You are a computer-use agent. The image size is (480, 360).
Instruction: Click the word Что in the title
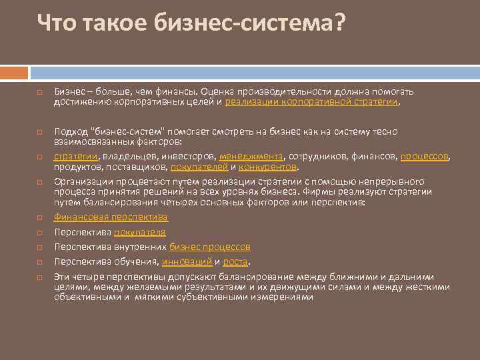pos(56,23)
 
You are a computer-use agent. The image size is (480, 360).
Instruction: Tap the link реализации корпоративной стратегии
pos(312,102)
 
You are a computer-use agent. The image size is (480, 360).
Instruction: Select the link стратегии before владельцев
pos(76,157)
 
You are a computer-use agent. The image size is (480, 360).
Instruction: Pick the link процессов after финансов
pos(425,157)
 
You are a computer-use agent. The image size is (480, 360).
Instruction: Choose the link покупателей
pos(199,166)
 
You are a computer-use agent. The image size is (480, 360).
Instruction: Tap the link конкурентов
pos(266,166)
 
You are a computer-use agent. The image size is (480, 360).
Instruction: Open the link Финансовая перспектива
pos(111,217)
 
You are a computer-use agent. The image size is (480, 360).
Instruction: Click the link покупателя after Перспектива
pos(139,232)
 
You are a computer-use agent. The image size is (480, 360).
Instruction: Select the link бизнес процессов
pos(209,247)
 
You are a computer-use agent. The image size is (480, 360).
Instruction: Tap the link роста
pos(235,262)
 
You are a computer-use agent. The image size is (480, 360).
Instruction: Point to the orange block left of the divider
pos(13,71)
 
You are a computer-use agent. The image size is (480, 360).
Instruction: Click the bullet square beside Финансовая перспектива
pos(40,217)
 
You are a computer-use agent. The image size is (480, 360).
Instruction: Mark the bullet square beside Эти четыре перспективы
pos(40,277)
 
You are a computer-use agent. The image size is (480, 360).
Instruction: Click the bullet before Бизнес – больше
pos(40,91)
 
